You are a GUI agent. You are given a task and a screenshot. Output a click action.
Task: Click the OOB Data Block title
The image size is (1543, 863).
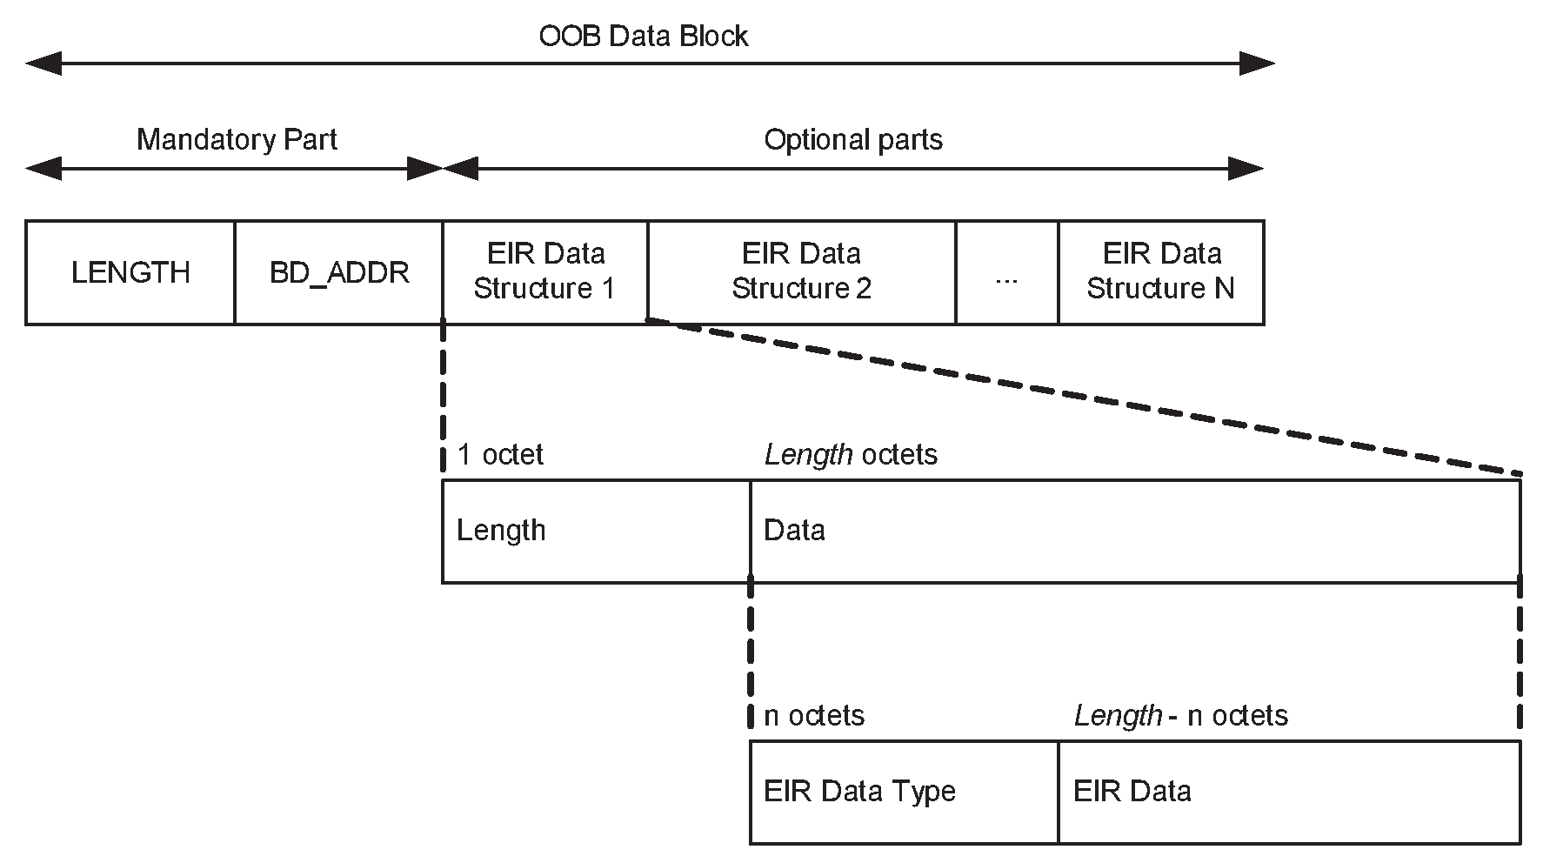643,36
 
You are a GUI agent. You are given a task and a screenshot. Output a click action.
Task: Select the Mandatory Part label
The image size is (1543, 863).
237,139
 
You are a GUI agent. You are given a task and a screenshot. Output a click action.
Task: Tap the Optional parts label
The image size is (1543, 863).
852,139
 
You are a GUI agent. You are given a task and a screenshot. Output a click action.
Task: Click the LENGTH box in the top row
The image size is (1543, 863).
130,272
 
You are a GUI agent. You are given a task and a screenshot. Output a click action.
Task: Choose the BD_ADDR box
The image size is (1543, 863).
339,272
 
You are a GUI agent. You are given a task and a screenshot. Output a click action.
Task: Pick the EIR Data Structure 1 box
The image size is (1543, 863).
545,271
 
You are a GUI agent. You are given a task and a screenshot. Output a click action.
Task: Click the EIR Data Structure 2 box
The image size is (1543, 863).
801,271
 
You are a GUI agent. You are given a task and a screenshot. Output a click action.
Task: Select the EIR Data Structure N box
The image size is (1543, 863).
1160,271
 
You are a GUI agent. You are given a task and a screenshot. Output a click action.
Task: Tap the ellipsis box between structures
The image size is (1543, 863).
1006,272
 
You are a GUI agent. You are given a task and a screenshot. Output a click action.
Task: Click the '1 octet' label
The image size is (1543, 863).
500,454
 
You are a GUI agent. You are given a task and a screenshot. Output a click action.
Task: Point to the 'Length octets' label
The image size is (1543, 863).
851,454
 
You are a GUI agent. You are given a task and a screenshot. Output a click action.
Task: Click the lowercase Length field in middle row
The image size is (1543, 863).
596,531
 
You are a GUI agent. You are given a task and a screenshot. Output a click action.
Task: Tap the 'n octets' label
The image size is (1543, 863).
814,715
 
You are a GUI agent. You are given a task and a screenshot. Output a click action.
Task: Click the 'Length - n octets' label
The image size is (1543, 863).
1180,715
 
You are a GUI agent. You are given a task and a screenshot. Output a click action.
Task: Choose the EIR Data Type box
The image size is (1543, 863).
904,792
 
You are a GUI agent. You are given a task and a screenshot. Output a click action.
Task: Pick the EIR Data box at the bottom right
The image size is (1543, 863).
1289,792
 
